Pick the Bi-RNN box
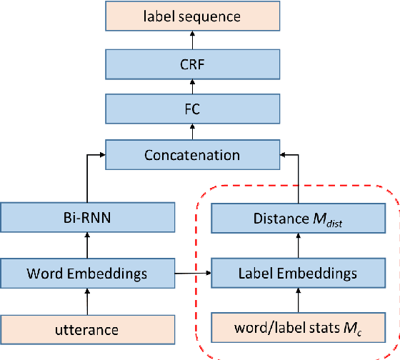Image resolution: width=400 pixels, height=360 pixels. pyautogui.click(x=86, y=218)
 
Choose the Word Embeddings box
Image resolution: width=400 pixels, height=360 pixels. pyautogui.click(x=86, y=272)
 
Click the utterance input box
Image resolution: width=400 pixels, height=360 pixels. pyautogui.click(x=86, y=329)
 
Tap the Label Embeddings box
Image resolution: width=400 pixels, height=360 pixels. pyautogui.click(x=298, y=272)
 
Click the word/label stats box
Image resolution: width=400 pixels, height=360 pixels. pyautogui.click(x=298, y=329)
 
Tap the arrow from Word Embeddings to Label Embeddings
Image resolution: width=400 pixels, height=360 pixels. pyautogui.click(x=192, y=273)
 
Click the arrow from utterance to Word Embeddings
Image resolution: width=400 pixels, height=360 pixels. pyautogui.click(x=86, y=301)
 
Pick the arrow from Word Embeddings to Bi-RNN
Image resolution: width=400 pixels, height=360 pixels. pyautogui.click(x=86, y=245)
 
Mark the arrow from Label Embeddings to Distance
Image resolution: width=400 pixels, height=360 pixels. pyautogui.click(x=298, y=245)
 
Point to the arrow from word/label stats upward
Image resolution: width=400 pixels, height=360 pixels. pyautogui.click(x=298, y=301)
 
